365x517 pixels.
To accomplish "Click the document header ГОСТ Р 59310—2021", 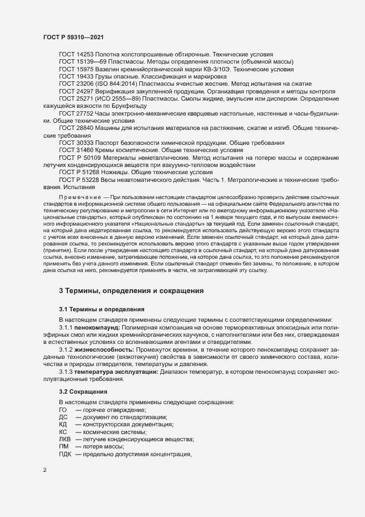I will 72,37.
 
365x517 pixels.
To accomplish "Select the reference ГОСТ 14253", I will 76,55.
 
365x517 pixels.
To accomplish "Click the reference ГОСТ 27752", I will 76,113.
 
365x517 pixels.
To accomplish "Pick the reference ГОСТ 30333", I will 76,142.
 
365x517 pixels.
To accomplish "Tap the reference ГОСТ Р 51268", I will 79,171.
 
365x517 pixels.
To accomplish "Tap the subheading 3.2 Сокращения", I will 83,391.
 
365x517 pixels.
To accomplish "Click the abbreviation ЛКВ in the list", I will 65,438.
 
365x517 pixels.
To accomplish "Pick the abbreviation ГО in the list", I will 63,409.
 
